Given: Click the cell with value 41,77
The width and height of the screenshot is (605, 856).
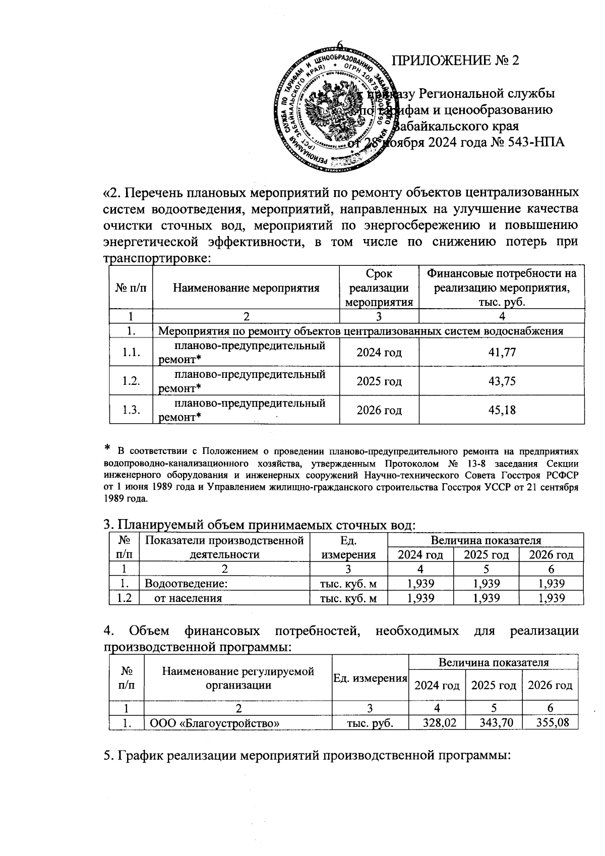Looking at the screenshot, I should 502,352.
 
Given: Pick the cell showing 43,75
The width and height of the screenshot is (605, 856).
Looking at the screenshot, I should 502,381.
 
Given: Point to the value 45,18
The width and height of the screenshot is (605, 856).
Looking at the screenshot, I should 502,410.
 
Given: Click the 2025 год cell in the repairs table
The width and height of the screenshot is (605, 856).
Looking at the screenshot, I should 379,381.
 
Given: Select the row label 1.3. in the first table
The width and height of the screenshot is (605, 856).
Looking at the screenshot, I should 131,410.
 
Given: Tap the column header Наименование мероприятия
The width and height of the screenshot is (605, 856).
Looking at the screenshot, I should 246,288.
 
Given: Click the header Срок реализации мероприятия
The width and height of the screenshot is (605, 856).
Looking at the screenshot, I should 379,288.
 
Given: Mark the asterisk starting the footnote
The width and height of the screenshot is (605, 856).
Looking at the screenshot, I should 107,448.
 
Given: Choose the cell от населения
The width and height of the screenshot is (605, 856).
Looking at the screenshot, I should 188,598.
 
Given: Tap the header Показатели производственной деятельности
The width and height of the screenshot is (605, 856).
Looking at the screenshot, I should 224,547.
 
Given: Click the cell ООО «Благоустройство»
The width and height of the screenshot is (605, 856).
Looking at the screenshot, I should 213,722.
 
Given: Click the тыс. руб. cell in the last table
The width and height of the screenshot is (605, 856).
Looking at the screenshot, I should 370,722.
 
